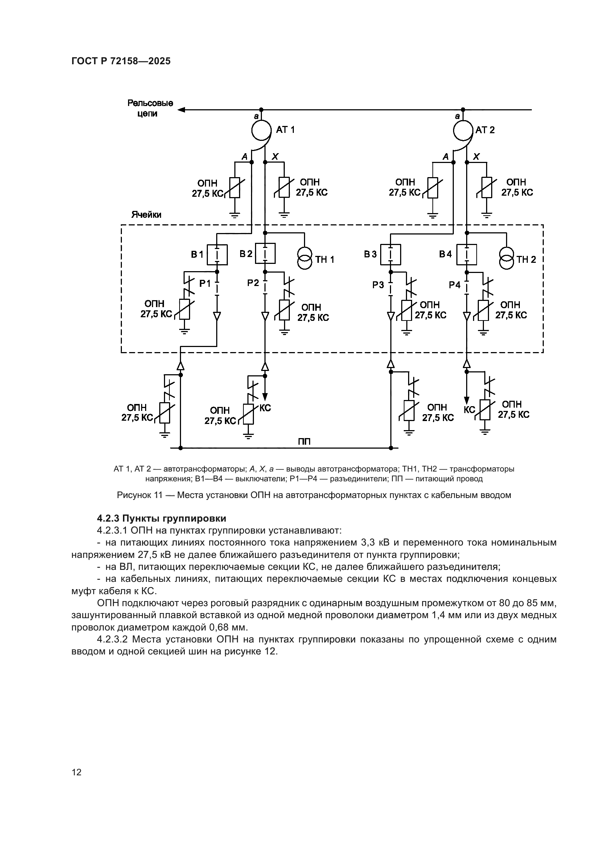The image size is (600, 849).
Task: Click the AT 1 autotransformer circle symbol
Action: click(x=262, y=130)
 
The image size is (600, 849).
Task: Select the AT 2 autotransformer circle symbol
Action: click(x=463, y=130)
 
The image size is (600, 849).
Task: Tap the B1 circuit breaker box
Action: click(x=217, y=255)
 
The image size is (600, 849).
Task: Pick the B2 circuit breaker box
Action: click(x=265, y=253)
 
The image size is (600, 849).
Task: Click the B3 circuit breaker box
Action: click(x=391, y=255)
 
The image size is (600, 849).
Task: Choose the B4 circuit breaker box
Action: click(x=467, y=255)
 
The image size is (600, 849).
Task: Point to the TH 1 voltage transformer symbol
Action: click(x=305, y=259)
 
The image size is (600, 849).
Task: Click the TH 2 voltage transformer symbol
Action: click(x=506, y=259)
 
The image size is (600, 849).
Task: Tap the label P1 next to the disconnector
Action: click(x=205, y=283)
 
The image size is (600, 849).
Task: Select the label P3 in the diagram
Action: click(x=378, y=285)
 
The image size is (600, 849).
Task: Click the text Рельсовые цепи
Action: click(x=150, y=108)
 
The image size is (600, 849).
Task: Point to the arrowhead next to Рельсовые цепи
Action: click(x=181, y=110)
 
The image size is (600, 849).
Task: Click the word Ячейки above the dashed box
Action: click(x=146, y=215)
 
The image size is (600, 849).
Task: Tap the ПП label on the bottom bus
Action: click(x=304, y=441)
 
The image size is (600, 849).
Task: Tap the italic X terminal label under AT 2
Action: click(x=477, y=157)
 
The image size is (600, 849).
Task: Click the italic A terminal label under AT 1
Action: click(x=244, y=157)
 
